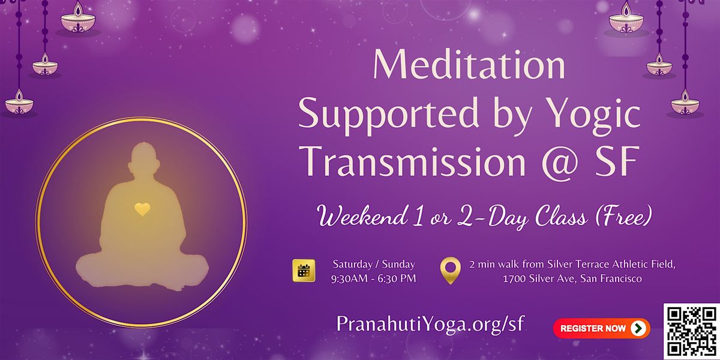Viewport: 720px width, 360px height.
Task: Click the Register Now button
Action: (601, 328)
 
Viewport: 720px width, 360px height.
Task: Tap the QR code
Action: (692, 331)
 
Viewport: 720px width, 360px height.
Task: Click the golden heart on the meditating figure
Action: (142, 209)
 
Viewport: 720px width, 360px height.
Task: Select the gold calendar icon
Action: (304, 271)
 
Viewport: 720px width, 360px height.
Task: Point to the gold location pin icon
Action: (450, 271)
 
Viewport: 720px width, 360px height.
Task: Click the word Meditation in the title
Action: (469, 65)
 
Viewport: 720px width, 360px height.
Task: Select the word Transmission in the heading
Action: (415, 161)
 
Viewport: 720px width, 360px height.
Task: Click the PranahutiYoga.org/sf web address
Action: (430, 324)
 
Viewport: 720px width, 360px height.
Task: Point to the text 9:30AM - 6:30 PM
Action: (373, 278)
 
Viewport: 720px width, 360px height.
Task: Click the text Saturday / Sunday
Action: (374, 264)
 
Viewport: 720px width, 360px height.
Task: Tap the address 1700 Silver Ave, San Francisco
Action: (572, 278)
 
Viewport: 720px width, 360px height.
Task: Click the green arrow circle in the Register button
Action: (638, 328)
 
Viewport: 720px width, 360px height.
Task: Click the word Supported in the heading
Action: (389, 116)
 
